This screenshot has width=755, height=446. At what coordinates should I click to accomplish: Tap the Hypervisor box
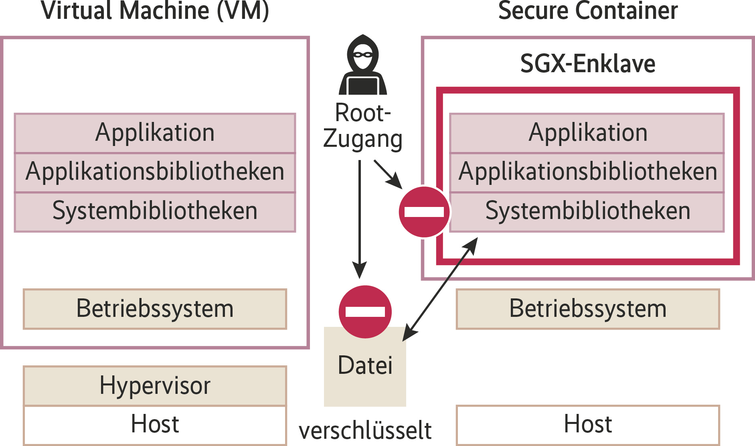(155, 386)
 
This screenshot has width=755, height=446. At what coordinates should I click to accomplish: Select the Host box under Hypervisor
(155, 424)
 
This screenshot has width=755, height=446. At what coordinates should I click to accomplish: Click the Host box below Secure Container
(588, 424)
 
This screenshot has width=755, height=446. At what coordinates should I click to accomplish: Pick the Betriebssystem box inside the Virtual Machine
(155, 309)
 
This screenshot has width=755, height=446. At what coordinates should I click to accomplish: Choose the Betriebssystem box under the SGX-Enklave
(588, 309)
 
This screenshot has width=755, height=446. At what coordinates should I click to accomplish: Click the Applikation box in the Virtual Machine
(155, 133)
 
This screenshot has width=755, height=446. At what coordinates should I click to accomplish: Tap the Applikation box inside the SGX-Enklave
(588, 133)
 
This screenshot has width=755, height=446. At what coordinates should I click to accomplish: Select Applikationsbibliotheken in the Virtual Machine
(155, 172)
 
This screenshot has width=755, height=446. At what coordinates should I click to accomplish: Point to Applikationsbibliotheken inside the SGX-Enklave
(588, 172)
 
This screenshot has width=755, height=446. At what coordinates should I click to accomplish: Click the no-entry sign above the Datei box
(365, 312)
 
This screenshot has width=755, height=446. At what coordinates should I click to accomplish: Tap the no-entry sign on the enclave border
(424, 212)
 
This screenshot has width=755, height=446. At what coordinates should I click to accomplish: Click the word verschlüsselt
(365, 431)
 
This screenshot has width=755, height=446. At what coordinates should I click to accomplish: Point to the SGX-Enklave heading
(588, 64)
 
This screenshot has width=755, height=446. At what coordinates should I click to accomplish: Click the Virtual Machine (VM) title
(155, 10)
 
